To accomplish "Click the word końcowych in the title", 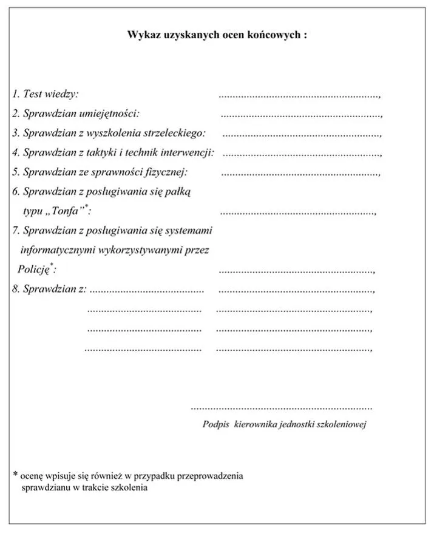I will tap(276, 35).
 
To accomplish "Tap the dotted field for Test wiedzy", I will tap(299, 95).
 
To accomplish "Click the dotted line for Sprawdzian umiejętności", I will tap(300, 114).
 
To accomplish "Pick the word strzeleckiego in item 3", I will tap(176, 133).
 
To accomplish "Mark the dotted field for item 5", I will tap(300, 173).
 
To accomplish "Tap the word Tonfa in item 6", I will tap(69, 211).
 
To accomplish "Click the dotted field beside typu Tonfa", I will tap(297, 212).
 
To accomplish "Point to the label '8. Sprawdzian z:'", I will tap(49, 289).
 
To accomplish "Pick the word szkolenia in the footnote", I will tap(129, 487).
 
